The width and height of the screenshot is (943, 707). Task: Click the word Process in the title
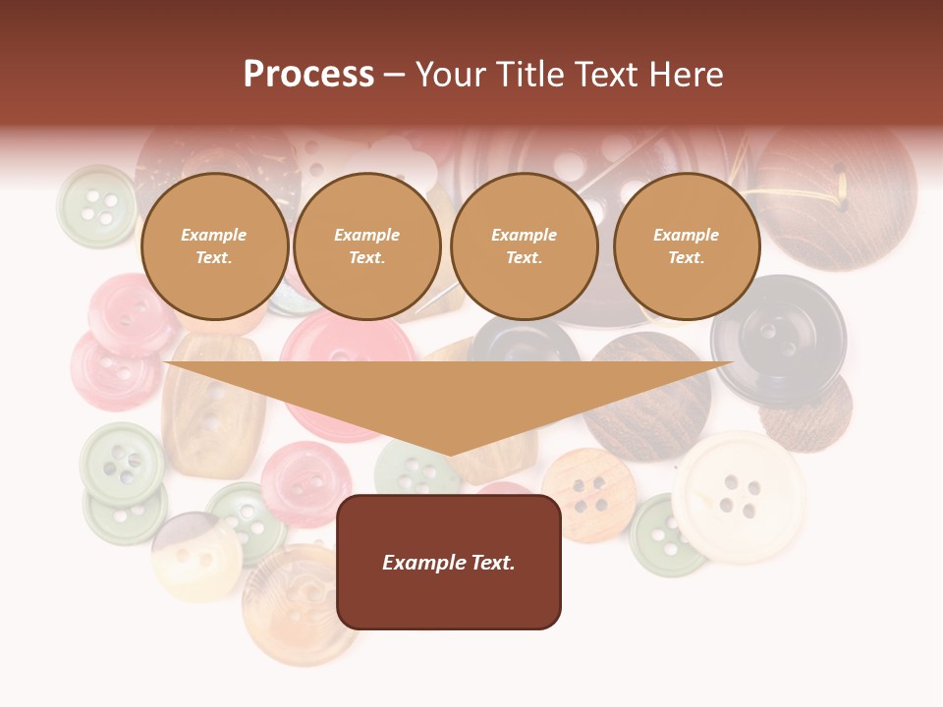click(x=308, y=75)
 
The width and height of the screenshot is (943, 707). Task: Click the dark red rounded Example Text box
click(x=449, y=562)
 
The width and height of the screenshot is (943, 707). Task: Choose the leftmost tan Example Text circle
click(x=214, y=246)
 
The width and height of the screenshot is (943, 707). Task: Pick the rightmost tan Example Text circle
click(x=686, y=246)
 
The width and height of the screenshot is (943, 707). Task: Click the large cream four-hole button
click(x=739, y=496)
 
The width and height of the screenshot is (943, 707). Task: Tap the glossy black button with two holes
click(x=778, y=339)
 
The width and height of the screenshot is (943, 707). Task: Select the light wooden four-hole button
click(x=589, y=495)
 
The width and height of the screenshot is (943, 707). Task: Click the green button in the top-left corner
click(x=96, y=205)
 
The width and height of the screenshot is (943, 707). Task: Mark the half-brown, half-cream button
click(x=196, y=555)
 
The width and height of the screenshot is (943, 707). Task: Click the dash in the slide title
click(x=394, y=75)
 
